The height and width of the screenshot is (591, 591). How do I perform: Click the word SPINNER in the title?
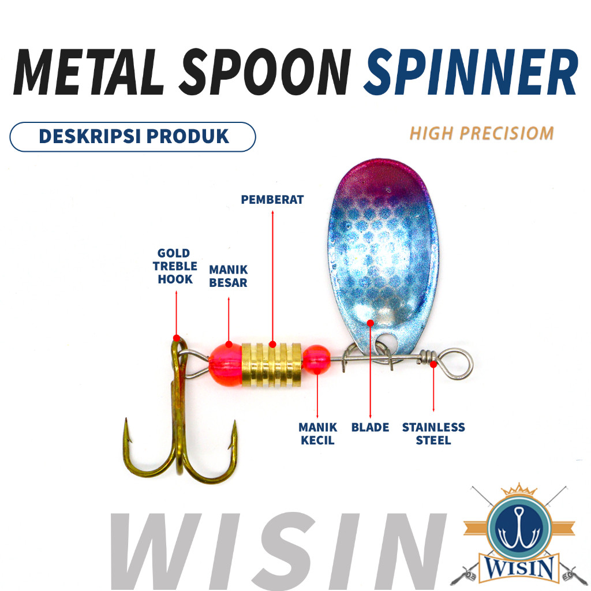pos(470,72)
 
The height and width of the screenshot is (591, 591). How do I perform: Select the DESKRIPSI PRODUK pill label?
pos(133,137)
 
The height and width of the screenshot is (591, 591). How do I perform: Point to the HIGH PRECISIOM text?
pos(481,133)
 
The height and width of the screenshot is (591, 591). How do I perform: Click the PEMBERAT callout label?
pos(272,200)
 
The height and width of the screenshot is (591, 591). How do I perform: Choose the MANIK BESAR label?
pos(229,276)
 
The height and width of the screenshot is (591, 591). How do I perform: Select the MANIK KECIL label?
pos(317,434)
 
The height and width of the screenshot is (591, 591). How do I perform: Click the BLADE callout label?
pos(370,428)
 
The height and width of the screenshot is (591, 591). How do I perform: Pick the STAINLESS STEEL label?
pos(433,434)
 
